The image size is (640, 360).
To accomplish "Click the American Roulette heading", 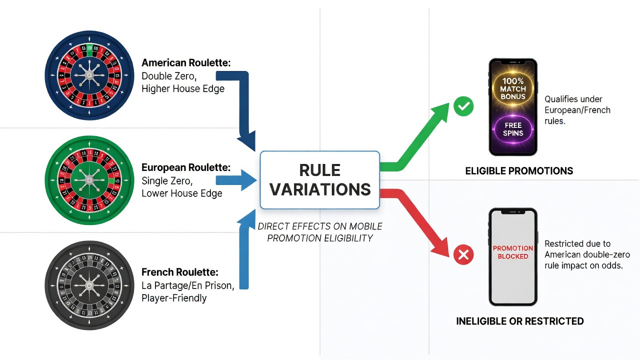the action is (186, 62).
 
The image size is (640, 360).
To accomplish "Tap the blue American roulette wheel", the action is (89, 75).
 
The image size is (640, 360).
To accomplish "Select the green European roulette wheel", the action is (89, 180).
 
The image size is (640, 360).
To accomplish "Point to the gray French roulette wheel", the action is (89, 285).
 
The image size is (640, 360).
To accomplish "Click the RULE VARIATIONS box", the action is (319, 180).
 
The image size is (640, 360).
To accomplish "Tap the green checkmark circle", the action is (463, 106).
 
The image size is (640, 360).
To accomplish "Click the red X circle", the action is (463, 254).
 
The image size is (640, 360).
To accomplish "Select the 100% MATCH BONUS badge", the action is (513, 88).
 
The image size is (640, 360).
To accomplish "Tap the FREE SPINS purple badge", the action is (513, 129).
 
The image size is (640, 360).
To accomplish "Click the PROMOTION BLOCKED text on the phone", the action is (513, 252).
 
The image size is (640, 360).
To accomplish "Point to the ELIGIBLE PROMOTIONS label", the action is (519, 171).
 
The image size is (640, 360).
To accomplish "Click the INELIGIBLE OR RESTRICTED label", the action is (519, 321).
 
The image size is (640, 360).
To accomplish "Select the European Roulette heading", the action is (186, 167).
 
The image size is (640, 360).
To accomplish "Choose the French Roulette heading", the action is (180, 272).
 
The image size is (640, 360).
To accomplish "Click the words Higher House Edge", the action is (183, 89).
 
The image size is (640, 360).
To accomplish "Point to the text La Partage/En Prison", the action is (188, 285).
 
